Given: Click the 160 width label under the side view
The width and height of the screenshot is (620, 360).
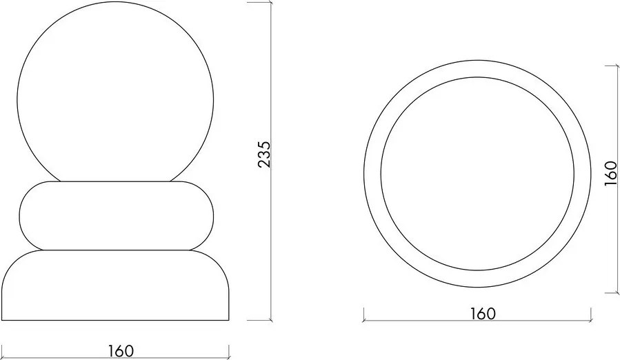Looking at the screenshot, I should (x=120, y=350).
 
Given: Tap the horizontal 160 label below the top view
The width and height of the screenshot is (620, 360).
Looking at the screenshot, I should (x=483, y=313).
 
